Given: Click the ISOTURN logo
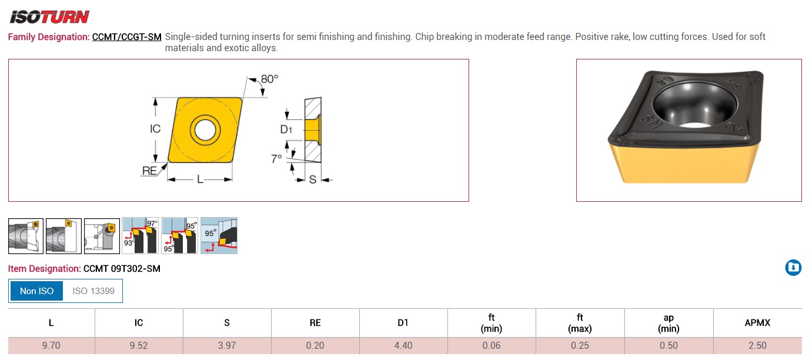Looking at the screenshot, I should click(49, 16).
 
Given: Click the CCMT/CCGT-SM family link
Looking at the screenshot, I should click(126, 37).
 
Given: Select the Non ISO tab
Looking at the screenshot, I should click(36, 291).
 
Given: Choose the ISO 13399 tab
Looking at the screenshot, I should click(93, 291).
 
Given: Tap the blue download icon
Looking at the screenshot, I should click(793, 268).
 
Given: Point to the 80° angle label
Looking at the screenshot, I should click(269, 79).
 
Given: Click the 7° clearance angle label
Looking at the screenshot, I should click(276, 159).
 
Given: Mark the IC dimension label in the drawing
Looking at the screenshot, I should click(155, 129).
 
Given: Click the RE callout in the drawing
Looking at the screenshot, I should click(149, 171).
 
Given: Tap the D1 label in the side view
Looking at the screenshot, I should click(286, 129).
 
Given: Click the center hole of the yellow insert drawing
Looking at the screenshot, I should click(205, 129).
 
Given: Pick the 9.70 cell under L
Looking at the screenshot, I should click(51, 345).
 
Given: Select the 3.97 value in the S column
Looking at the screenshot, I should click(227, 345).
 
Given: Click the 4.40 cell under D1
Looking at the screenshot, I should click(403, 345).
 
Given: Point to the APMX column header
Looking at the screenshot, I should click(757, 322).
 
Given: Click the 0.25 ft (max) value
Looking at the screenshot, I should click(580, 345).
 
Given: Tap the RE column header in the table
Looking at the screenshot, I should click(315, 322).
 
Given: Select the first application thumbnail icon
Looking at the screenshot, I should click(26, 236).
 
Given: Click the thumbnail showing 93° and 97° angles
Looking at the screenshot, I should click(141, 236).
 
